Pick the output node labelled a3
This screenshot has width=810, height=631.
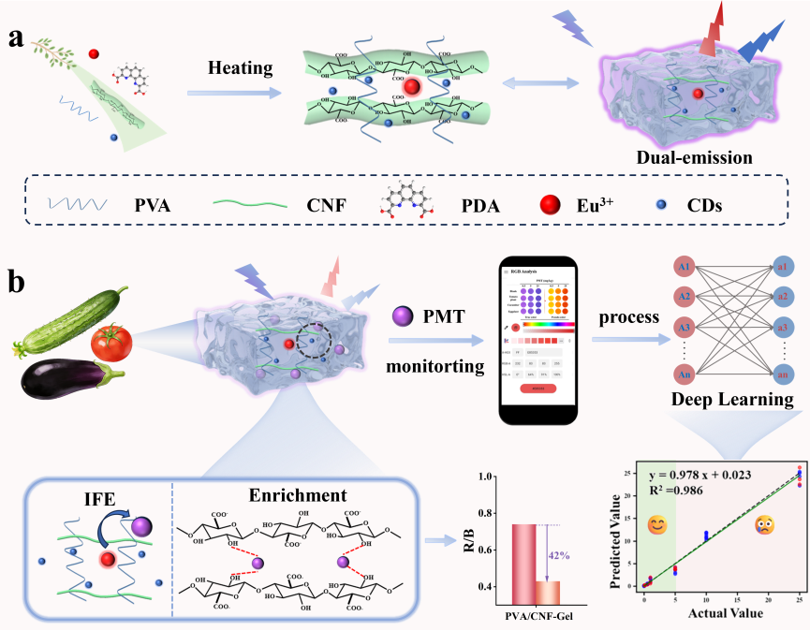point(785,330)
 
